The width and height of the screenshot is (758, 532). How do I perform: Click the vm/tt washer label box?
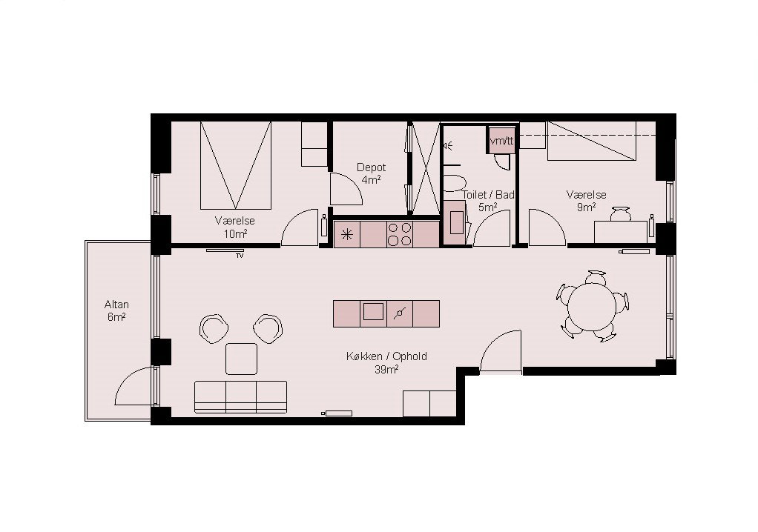(502, 141)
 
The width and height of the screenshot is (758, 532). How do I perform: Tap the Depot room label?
(372, 167)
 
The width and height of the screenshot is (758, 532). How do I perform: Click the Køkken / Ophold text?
(386, 356)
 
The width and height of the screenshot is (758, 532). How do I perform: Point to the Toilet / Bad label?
(488, 195)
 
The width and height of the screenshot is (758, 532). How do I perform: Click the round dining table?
(592, 307)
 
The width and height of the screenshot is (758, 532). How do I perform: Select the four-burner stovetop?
(400, 234)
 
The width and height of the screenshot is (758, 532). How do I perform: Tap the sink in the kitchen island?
(373, 311)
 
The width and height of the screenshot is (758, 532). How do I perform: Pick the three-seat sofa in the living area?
(241, 397)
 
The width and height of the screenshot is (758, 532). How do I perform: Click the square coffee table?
(241, 359)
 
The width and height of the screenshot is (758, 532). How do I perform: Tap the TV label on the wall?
(240, 256)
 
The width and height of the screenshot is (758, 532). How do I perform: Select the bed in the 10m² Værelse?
(235, 165)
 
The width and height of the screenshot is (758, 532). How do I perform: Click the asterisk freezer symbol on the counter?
(346, 235)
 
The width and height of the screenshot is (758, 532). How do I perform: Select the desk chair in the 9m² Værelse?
(620, 213)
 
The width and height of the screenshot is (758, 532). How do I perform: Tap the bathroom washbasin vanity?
(455, 222)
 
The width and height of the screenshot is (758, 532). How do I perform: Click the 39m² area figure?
(386, 370)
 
